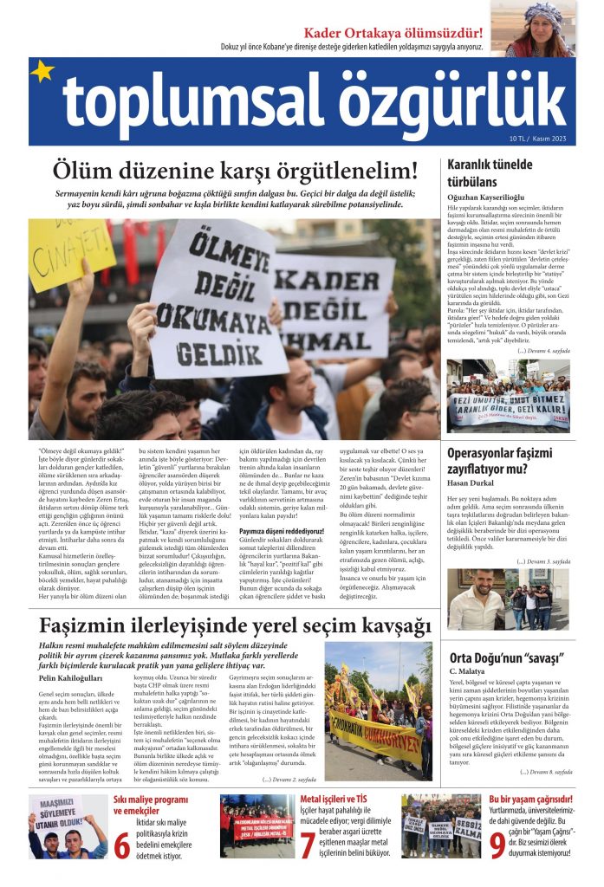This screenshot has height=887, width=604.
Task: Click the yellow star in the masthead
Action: pos(42,72)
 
